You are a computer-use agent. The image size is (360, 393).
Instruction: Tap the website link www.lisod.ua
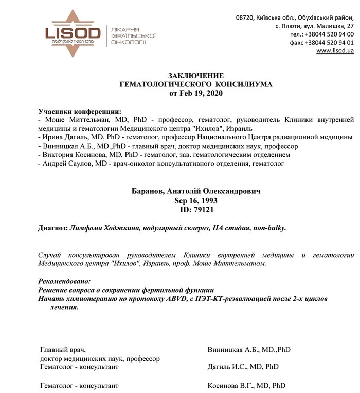click(x=335, y=51)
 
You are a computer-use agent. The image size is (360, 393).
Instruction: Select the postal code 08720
click(x=246, y=17)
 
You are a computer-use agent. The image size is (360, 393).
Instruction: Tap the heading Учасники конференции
click(x=80, y=111)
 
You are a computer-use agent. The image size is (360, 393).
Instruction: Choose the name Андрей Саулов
click(x=66, y=163)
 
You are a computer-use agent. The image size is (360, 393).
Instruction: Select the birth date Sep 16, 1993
click(x=196, y=201)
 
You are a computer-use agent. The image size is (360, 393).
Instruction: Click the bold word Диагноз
click(x=53, y=227)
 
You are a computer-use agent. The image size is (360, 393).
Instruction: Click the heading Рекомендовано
click(x=64, y=281)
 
